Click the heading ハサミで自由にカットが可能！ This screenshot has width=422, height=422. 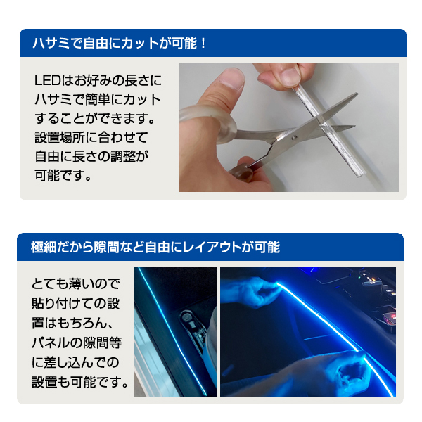(x=120, y=44)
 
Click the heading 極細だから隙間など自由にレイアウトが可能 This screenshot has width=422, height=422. (x=155, y=248)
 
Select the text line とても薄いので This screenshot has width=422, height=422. (x=77, y=284)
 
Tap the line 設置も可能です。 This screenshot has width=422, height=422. (x=81, y=383)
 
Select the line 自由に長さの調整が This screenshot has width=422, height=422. (x=92, y=154)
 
